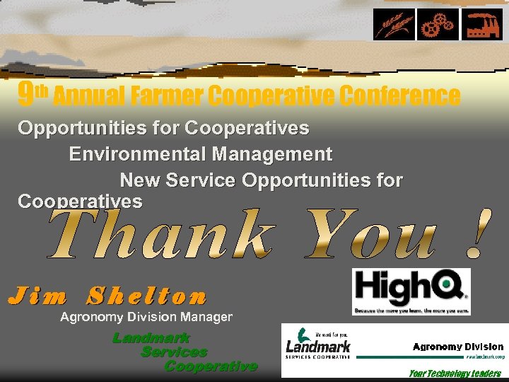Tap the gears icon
point(438,24)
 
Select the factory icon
point(482,24)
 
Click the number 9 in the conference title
point(25,94)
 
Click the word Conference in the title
point(399,95)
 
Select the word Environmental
point(136,154)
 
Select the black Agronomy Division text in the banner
point(458,347)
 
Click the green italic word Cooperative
point(211,366)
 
